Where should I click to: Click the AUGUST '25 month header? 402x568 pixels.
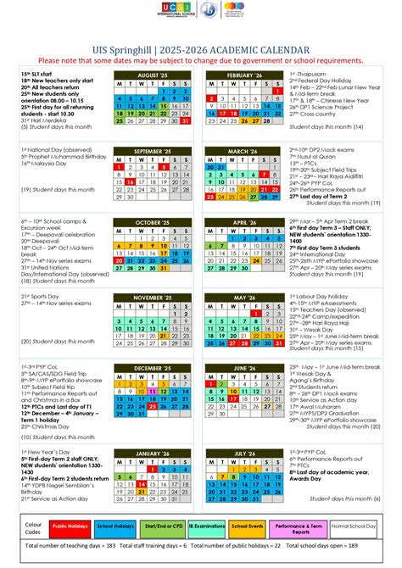pyautogui.click(x=154, y=75)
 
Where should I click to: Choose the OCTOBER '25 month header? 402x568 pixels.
pyautogui.click(x=154, y=223)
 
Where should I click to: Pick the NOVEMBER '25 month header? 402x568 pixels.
pyautogui.click(x=154, y=298)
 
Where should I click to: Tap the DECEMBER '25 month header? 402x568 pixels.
pyautogui.click(x=154, y=369)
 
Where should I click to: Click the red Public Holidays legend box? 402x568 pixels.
pyautogui.click(x=72, y=527)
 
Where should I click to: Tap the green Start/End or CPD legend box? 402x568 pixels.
pyautogui.click(x=164, y=527)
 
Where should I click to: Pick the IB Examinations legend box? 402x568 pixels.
pyautogui.click(x=208, y=527)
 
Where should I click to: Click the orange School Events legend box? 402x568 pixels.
pyautogui.click(x=252, y=527)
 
